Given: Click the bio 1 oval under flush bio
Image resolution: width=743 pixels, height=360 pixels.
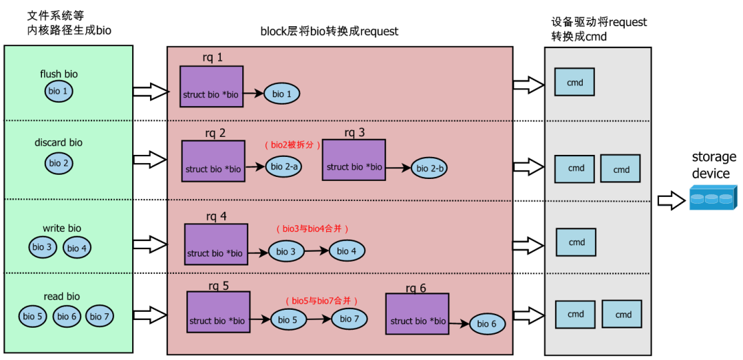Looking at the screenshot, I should coord(59,91).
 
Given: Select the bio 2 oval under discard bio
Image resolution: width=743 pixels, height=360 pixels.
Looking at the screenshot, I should coord(59,163).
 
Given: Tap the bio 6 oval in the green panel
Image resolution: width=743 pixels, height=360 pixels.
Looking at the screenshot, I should coord(67,316).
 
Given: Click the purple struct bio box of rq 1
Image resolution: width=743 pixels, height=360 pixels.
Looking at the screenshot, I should coord(211,87).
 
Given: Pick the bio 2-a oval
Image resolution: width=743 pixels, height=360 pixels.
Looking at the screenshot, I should coord(284,167).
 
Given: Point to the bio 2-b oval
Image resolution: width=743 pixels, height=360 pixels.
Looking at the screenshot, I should coord(430,168).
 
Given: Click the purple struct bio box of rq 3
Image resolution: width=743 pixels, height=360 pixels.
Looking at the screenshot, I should coord(354,160).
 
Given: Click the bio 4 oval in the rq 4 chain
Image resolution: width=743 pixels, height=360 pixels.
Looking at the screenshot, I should coord(347,251).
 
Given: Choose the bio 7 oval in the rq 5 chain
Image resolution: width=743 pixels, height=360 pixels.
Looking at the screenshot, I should coord(349,319).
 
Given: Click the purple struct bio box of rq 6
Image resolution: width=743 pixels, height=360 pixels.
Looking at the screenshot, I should coord(417,314).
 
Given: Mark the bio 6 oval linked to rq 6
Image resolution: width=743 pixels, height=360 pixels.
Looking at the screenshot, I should coord(487,324).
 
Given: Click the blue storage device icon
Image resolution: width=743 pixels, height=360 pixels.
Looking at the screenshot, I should coord(713,199).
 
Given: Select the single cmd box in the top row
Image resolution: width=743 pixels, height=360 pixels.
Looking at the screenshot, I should coord(574,83).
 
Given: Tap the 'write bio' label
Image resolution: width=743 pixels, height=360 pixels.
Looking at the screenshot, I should coord(62,228).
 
